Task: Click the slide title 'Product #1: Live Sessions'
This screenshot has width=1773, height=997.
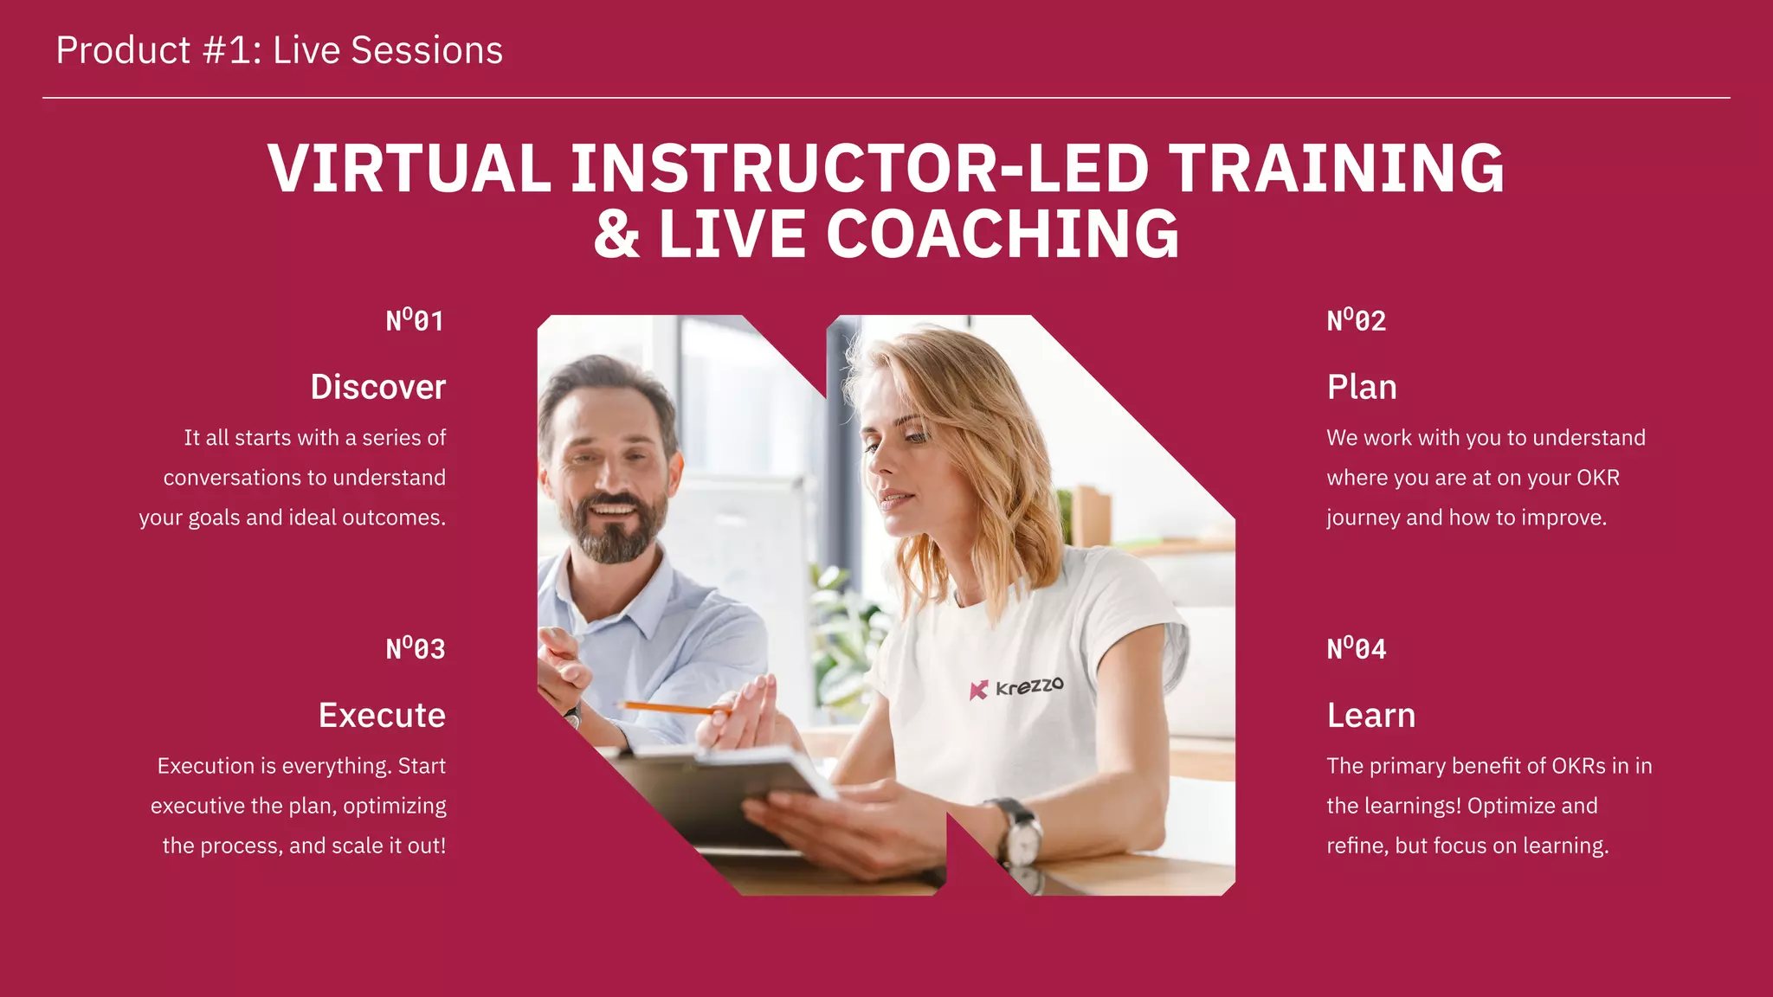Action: [x=279, y=50]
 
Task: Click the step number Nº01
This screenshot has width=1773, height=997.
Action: [x=415, y=321]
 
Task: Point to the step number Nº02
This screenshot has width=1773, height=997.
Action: [x=1357, y=321]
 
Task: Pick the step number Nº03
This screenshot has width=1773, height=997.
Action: [x=415, y=649]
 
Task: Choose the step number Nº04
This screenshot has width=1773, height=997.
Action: [x=1357, y=649]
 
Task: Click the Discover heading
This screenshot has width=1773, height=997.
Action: [x=378, y=387]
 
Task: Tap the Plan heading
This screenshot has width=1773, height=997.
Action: [x=1362, y=387]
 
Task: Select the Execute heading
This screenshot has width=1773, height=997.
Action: [x=382, y=716]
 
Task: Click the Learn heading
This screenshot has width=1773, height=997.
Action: [x=1371, y=716]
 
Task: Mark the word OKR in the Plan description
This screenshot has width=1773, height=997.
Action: [x=1598, y=478]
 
